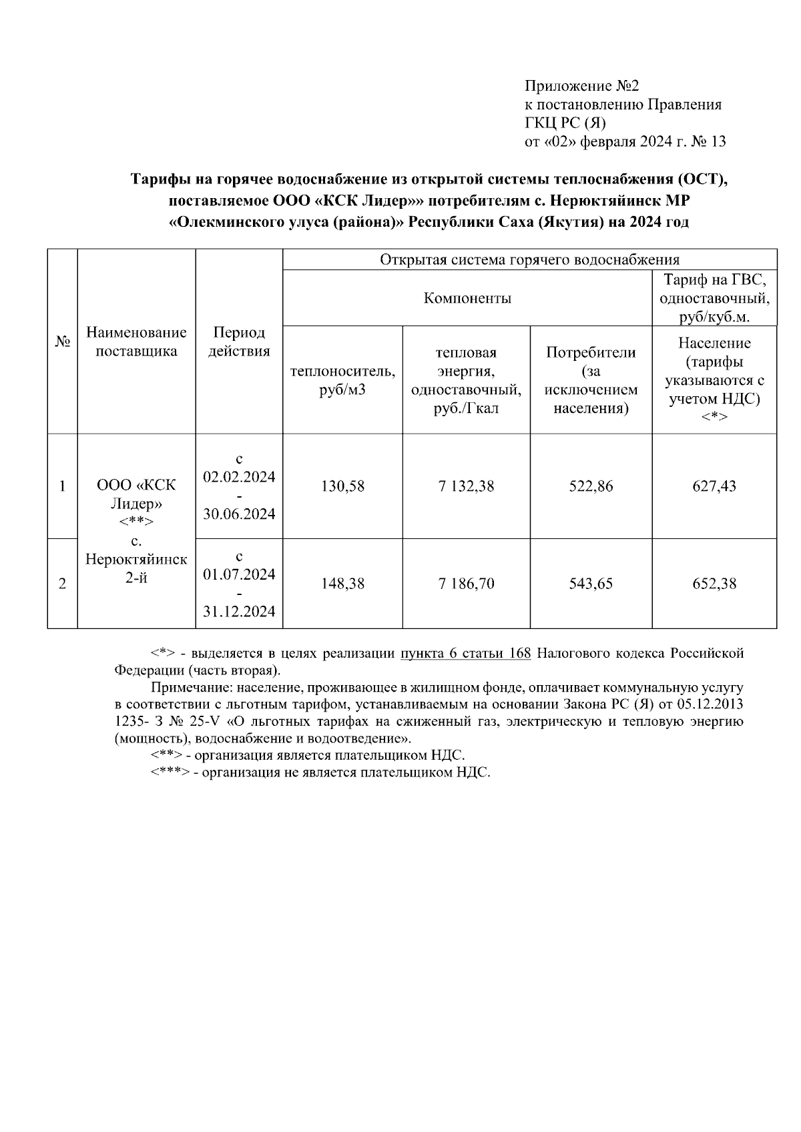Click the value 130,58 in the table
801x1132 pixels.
[342, 486]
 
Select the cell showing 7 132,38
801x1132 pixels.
[466, 486]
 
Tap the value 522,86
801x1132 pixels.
[591, 486]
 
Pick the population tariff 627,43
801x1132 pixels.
[714, 486]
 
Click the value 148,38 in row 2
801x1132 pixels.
[342, 584]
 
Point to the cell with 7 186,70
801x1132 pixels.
[466, 584]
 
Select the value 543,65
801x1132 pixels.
[591, 584]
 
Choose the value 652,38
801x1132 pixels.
[714, 584]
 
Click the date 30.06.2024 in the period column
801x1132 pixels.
[239, 514]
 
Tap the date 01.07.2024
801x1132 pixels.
[239, 574]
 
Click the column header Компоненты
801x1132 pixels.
[467, 298]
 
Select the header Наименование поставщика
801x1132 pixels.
[136, 342]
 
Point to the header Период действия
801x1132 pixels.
[239, 342]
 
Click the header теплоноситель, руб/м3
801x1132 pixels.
[342, 380]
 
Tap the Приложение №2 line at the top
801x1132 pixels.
[582, 86]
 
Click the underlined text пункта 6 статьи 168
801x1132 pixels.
[465, 653]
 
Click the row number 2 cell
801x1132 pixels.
[62, 584]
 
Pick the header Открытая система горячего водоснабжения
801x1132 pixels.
[529, 259]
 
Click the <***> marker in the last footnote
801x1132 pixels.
[169, 773]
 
